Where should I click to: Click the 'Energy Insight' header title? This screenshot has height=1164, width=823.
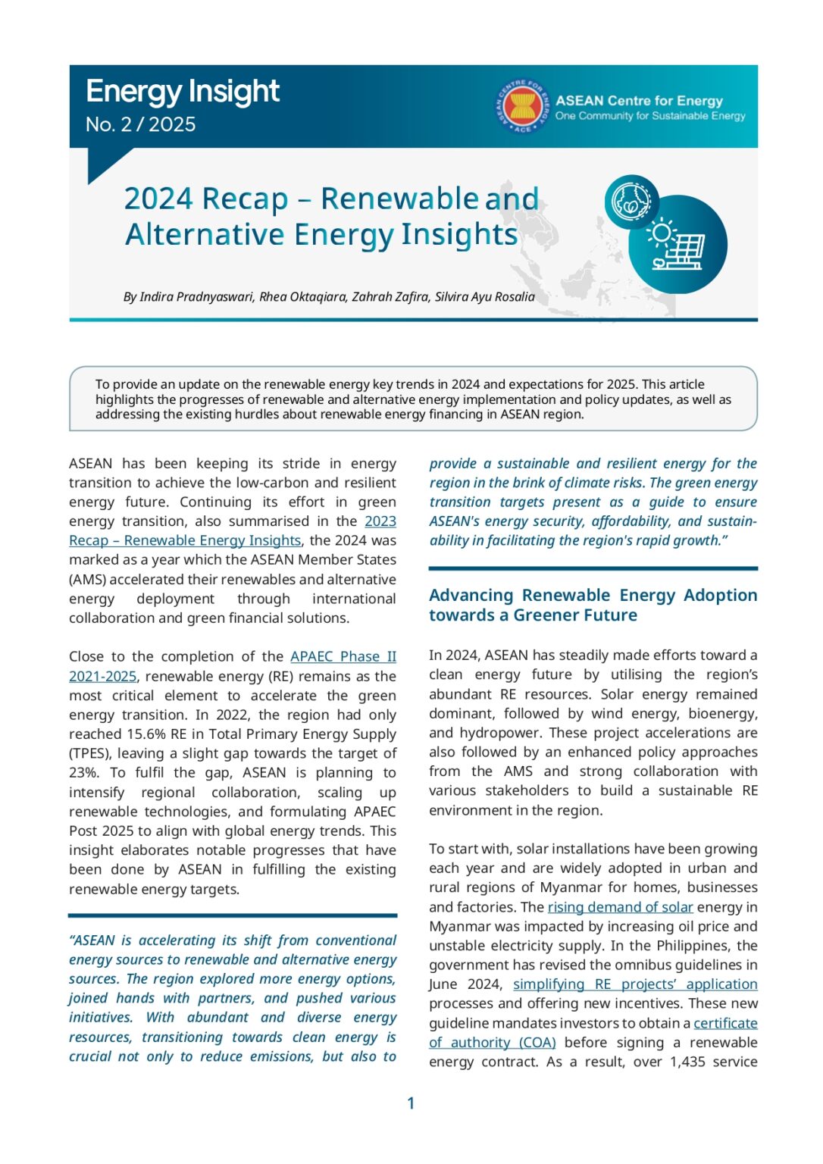click(x=182, y=92)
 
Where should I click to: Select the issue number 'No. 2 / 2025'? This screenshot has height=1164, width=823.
click(x=140, y=124)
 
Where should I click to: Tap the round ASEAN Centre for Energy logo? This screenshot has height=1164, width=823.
click(x=522, y=106)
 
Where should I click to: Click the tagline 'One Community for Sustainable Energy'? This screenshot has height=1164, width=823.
click(x=649, y=116)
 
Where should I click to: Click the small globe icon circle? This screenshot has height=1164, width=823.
click(x=631, y=202)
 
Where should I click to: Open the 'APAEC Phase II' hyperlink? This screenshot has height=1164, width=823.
click(x=343, y=656)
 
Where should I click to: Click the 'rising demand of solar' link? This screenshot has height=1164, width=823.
click(x=620, y=907)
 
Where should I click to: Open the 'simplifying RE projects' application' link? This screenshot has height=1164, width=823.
click(x=634, y=984)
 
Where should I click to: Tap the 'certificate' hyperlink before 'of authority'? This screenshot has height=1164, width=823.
click(x=725, y=1023)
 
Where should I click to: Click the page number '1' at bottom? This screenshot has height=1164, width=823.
click(x=411, y=1103)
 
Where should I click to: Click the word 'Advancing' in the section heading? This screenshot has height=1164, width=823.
click(x=471, y=596)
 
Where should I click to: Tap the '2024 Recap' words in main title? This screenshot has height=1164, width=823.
click(x=205, y=199)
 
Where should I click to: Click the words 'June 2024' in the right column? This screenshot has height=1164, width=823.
click(x=465, y=984)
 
